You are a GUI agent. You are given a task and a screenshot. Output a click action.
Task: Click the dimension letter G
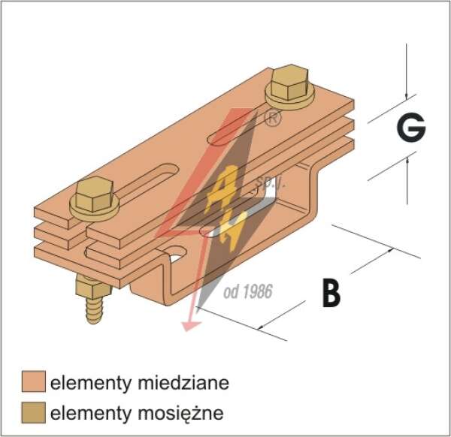tap(411, 128)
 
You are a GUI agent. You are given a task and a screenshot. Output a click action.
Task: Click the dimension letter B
tap(331, 292)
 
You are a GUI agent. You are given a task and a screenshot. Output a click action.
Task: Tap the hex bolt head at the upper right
tap(290, 82)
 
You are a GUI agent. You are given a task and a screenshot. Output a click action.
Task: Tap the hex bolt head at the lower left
tap(94, 194)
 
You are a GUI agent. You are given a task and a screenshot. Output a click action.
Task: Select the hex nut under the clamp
tap(92, 285)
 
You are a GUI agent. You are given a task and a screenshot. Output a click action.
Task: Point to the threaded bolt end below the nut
tap(94, 310)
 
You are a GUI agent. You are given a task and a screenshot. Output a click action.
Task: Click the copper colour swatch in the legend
tap(34, 381)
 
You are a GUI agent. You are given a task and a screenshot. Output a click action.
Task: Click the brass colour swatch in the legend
tap(34, 412)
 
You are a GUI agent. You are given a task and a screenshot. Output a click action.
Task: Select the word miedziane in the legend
tap(183, 383)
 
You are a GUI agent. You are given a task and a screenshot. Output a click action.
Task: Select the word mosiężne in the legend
tap(180, 414)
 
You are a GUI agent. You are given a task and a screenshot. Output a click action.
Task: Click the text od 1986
tap(248, 291)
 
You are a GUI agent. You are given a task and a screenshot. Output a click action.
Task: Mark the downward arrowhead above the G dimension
tap(406, 97)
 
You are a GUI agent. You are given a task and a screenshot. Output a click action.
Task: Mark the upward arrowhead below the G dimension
tap(407, 161)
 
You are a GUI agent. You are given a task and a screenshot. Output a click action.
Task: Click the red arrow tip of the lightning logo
tap(190, 327)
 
